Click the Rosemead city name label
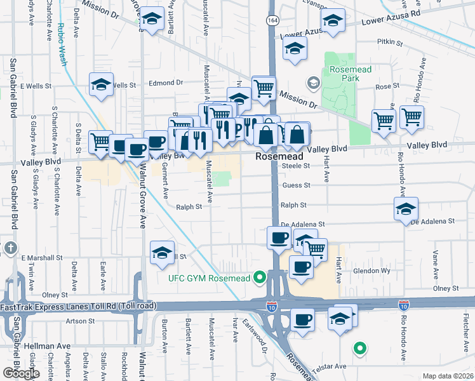pyautogui.click(x=278, y=156)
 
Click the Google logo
pyautogui.click(x=20, y=373)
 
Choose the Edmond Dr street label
pyautogui.click(x=165, y=83)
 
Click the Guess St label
pyautogui.click(x=296, y=185)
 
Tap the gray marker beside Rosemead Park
pyautogui.click(x=313, y=83)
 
